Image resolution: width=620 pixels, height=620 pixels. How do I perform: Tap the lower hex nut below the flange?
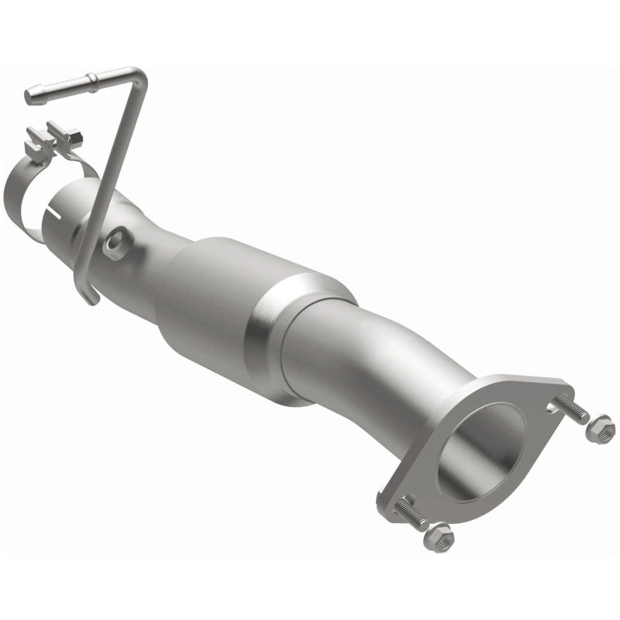coord(439,536)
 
